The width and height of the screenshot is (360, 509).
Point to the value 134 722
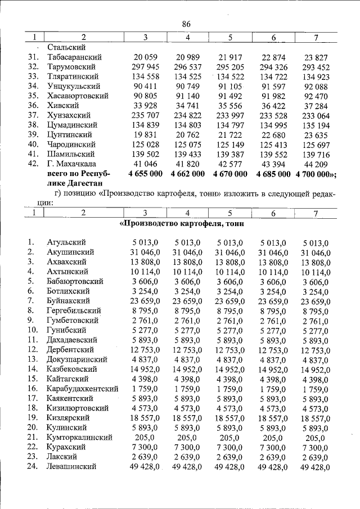pyautogui.click(x=273, y=76)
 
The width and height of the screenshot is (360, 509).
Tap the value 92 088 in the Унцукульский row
pyautogui.click(x=316, y=86)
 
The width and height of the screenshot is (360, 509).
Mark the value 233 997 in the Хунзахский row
pyautogui.click(x=231, y=115)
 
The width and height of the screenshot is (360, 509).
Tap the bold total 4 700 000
pyautogui.click(x=317, y=174)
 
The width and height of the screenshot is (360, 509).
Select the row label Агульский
pyautogui.click(x=66, y=242)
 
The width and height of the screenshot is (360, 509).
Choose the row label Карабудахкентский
pyautogui.click(x=83, y=389)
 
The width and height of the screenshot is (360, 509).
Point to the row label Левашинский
pyautogui.click(x=72, y=466)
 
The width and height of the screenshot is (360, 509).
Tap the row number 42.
pyautogui.click(x=33, y=164)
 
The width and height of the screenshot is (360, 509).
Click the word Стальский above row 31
pyautogui.click(x=67, y=48)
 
